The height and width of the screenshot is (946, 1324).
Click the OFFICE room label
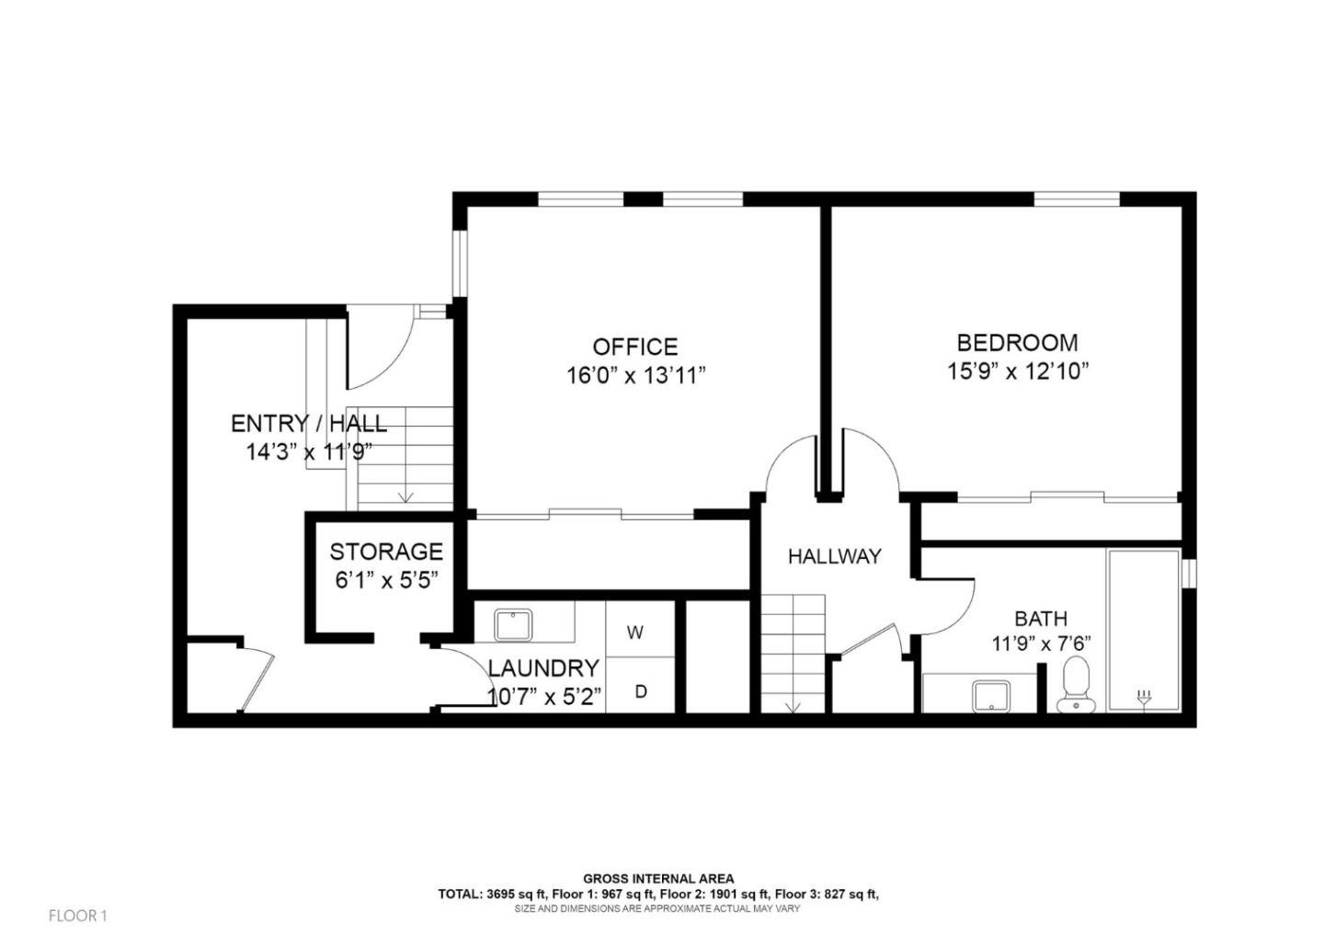[634, 347]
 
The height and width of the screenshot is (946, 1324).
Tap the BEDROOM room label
[1017, 343]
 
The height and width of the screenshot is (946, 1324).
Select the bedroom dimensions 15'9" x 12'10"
[1018, 371]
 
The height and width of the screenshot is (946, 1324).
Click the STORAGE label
[386, 552]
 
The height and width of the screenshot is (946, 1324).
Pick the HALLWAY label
[834, 556]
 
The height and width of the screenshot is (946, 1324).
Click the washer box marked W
[634, 633]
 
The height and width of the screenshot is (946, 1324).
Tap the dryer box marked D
[641, 690]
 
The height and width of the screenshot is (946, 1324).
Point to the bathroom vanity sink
[991, 696]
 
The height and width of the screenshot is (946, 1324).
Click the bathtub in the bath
[1143, 630]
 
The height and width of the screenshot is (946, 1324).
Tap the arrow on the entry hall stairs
[405, 496]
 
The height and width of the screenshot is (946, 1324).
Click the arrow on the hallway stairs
[793, 706]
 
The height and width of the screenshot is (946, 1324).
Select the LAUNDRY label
[543, 668]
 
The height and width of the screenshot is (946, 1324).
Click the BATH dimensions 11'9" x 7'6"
[1041, 644]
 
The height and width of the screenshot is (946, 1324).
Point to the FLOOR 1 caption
[78, 916]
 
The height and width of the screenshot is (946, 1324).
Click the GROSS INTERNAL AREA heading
[658, 879]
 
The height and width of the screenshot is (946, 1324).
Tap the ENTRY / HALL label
[308, 424]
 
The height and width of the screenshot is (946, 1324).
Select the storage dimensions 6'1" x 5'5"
[385, 580]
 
